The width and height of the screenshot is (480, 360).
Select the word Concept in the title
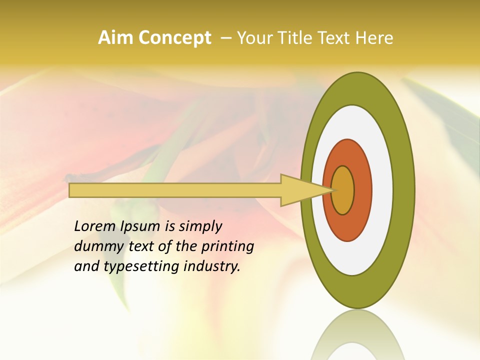click(174, 38)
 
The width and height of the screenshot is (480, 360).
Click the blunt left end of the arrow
click(71, 190)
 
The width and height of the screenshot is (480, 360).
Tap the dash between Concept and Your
click(225, 38)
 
